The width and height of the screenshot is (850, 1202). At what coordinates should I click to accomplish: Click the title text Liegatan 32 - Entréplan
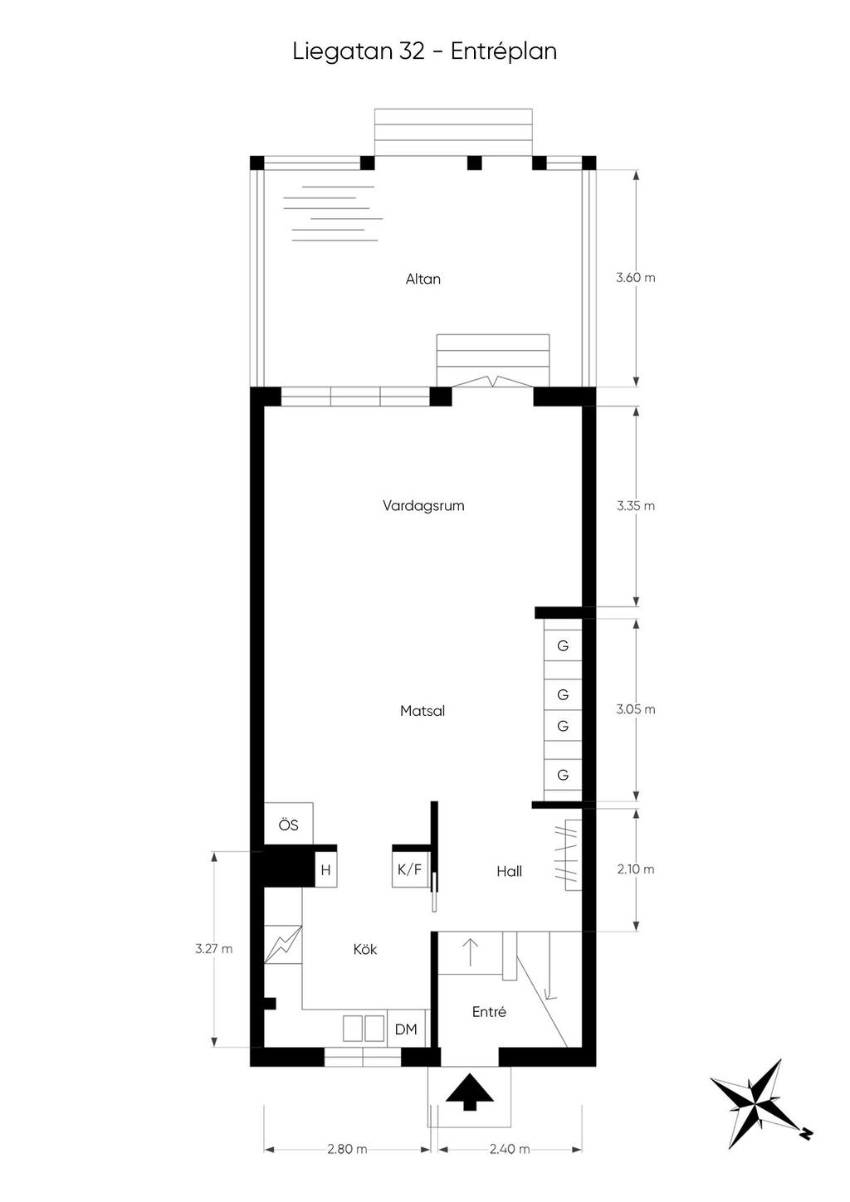pyautogui.click(x=424, y=51)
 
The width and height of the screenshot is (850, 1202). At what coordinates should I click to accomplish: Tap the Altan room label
pyautogui.click(x=423, y=280)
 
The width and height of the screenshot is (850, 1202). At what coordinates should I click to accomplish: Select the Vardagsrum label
pyautogui.click(x=423, y=505)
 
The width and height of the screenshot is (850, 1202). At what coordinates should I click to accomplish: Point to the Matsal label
pyautogui.click(x=423, y=711)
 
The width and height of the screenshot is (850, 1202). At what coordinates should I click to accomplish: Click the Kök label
pyautogui.click(x=365, y=949)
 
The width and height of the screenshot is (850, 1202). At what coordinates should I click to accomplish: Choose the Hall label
pyautogui.click(x=509, y=871)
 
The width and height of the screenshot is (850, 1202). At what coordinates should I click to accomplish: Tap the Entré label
pyautogui.click(x=489, y=1012)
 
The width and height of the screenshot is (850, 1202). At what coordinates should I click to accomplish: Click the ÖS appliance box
pyautogui.click(x=288, y=825)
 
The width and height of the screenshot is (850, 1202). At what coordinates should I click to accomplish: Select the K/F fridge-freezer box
pyautogui.click(x=410, y=869)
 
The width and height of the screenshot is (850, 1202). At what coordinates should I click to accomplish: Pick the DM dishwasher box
pyautogui.click(x=406, y=1029)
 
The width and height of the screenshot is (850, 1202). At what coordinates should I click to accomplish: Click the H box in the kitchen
pyautogui.click(x=326, y=870)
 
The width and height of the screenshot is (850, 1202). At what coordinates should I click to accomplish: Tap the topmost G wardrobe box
pyautogui.click(x=563, y=645)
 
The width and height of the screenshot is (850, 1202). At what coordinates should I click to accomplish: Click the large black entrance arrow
pyautogui.click(x=470, y=1091)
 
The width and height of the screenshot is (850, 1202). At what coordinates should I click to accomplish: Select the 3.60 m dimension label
pyautogui.click(x=636, y=278)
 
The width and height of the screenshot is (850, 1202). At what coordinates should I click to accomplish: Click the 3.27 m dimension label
pyautogui.click(x=213, y=949)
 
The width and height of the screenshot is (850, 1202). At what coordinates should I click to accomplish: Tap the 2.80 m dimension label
pyautogui.click(x=347, y=1149)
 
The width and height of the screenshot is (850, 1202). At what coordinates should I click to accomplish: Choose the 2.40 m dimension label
pyautogui.click(x=510, y=1149)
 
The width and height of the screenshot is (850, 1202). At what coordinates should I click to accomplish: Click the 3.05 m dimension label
pyautogui.click(x=636, y=709)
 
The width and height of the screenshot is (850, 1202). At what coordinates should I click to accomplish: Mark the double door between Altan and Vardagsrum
pyautogui.click(x=493, y=382)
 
